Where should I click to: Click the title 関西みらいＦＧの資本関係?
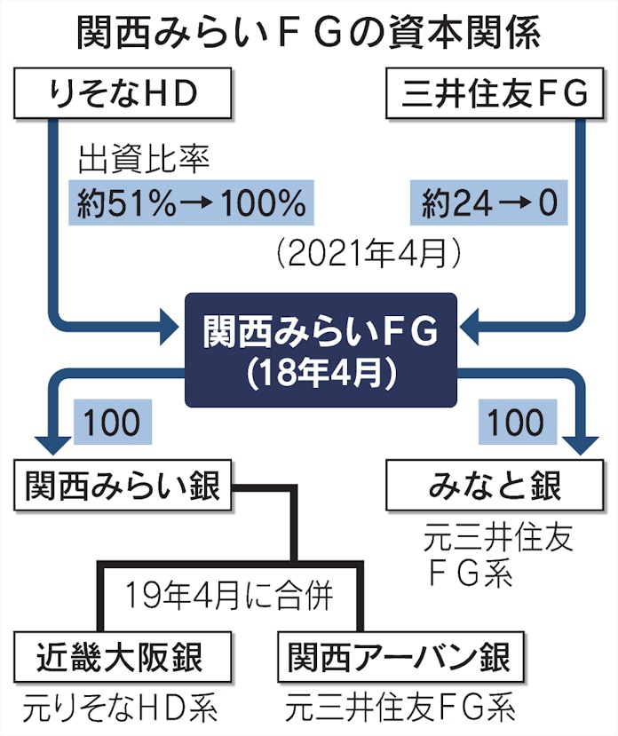tap(309, 35)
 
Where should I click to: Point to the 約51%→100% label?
tap(189, 205)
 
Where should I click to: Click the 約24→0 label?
tap(489, 205)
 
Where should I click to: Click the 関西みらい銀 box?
tap(123, 487)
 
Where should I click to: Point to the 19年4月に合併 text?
tap(229, 594)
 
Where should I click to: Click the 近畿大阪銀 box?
tap(123, 659)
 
